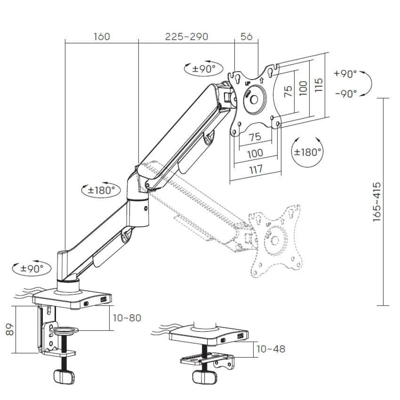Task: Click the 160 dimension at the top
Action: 102,37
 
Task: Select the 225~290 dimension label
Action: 187,37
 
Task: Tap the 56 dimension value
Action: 246,37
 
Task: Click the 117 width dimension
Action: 256,169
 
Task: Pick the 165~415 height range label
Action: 377,202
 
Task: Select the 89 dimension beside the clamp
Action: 10,329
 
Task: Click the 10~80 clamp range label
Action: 127,318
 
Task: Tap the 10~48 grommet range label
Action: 271,349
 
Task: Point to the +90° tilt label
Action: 345,74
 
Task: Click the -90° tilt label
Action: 346,93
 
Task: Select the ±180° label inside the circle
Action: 307,152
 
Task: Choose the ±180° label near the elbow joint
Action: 101,190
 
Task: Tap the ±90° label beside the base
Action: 32,269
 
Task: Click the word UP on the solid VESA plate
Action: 247,83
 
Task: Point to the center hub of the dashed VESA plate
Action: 275,240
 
